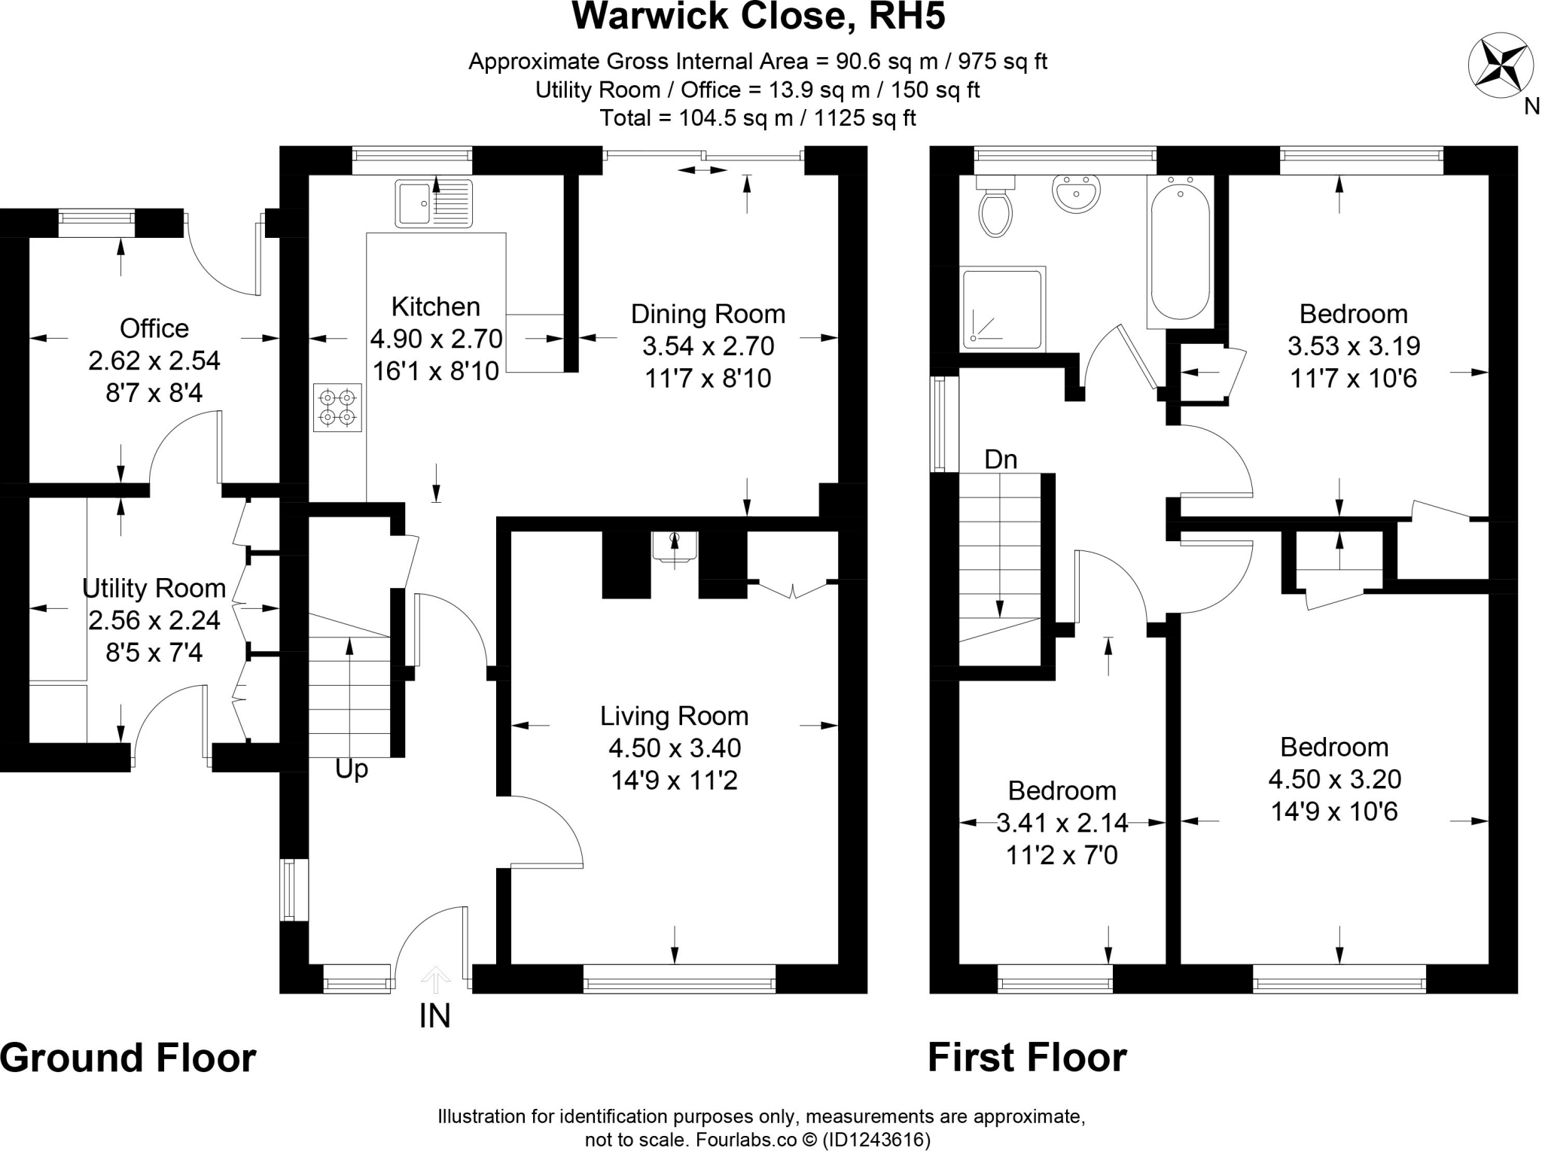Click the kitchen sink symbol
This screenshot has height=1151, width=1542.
433,203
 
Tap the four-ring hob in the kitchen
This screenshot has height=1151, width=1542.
337,407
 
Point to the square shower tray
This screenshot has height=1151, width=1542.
1003,309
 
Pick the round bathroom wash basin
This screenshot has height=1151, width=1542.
1076,195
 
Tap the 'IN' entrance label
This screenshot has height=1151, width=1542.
434,1016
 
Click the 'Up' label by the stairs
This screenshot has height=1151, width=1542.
351,769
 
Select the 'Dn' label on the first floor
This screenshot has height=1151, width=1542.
1001,459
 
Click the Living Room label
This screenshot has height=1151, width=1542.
674,716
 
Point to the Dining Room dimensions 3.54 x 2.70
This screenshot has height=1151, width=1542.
708,346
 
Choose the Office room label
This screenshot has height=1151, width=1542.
154,328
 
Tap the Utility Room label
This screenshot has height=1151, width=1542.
154,588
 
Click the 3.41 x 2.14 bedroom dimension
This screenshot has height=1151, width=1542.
1062,824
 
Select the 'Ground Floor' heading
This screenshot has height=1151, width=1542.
128,1058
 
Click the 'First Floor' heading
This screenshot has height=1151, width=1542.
1027,1058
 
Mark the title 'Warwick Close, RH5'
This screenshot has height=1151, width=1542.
758,17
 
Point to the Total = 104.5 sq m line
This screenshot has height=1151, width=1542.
757,118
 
